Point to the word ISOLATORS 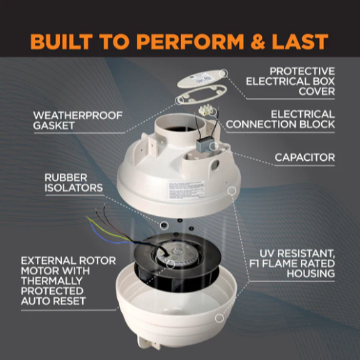tap(73, 189)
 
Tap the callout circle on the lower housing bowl tap(219, 318)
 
